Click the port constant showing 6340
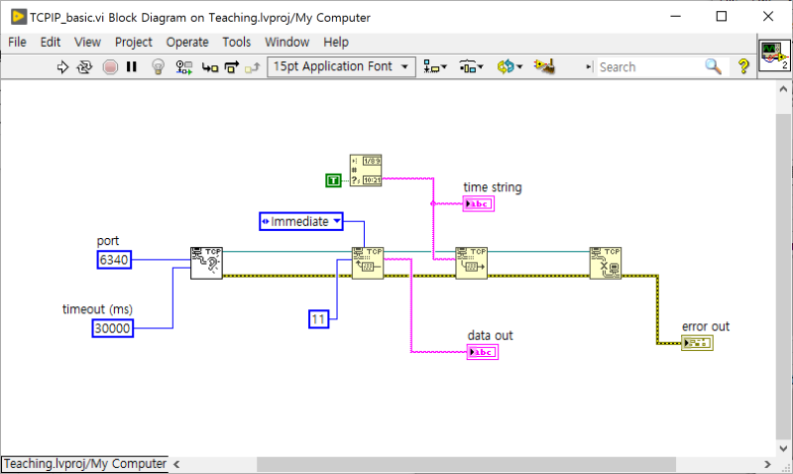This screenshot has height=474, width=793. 114,260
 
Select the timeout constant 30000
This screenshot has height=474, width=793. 113,328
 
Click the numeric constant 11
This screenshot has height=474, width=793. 318,318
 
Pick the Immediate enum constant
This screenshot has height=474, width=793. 301,221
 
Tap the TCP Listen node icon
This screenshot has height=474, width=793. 206,263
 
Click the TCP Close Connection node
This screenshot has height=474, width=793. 605,263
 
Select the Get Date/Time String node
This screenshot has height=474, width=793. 366,171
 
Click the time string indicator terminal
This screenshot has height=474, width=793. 479,204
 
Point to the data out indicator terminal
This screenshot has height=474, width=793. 482,352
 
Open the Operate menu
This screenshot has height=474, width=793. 187,42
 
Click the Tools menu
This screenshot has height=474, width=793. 237,42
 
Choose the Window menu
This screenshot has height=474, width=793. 287,42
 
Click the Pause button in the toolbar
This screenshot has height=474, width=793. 132,66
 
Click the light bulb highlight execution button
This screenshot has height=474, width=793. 157,66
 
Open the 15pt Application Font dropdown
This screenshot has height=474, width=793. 341,66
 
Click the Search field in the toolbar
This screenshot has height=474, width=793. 649,66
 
